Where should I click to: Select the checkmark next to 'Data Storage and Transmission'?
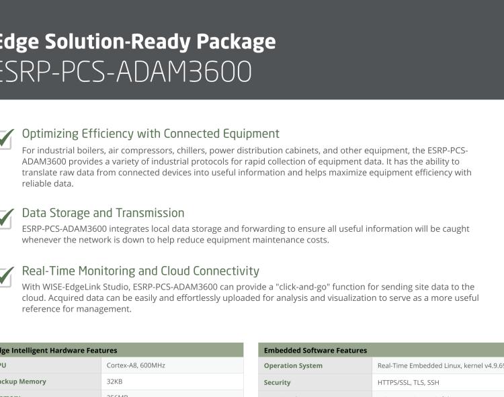pyautogui.click(x=5, y=218)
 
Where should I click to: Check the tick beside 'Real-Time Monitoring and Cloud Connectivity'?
pyautogui.click(x=5, y=276)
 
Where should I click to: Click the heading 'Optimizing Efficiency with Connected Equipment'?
pyautogui.click(x=151, y=134)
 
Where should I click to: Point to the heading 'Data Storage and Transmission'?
pyautogui.click(x=103, y=213)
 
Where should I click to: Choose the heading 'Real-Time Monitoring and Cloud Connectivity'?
pyautogui.click(x=140, y=271)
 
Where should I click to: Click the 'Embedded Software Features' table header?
pyautogui.click(x=315, y=350)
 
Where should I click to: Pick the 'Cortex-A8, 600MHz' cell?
pyautogui.click(x=136, y=365)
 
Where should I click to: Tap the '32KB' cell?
pyautogui.click(x=114, y=382)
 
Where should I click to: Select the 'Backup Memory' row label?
pyautogui.click(x=24, y=382)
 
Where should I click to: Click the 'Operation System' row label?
pyautogui.click(x=293, y=365)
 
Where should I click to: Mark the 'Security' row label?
pyautogui.click(x=277, y=382)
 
